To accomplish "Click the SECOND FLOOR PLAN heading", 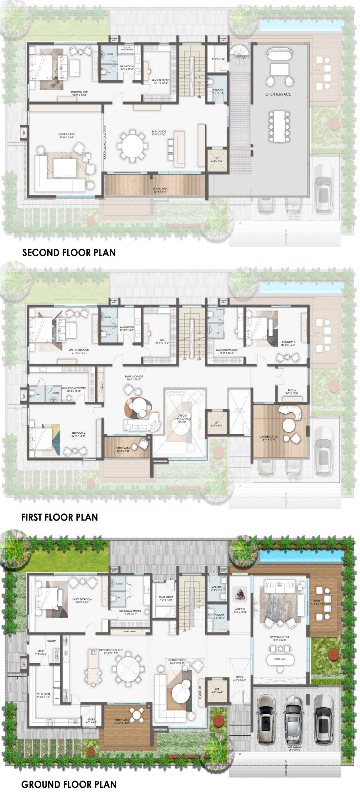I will [69, 252].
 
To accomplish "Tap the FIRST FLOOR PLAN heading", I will [60, 517].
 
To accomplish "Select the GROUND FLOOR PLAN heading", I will [69, 784].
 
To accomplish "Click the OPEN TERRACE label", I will [278, 94].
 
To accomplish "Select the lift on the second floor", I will [217, 160].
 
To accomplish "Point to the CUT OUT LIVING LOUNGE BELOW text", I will [182, 419].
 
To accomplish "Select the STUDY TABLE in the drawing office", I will [280, 659].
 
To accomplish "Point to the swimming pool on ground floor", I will [301, 555].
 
